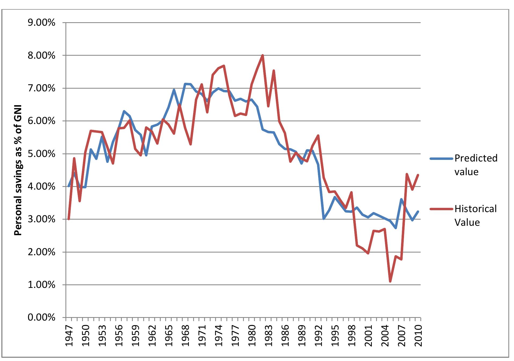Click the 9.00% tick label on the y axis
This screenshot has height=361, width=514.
41,23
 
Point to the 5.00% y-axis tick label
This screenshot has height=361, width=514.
41,154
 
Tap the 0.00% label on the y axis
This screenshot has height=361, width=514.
41,318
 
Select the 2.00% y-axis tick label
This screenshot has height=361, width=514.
41,252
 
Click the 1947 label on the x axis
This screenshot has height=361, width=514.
69,336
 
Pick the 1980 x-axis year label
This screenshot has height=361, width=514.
252,336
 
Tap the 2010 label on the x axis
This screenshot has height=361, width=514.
418,336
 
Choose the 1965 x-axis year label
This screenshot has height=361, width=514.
169,336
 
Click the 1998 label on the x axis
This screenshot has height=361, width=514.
351,336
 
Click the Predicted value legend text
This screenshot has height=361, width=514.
476,165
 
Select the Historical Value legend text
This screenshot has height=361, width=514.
476,216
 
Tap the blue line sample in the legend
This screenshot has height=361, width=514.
441,159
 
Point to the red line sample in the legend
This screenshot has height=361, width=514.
441,209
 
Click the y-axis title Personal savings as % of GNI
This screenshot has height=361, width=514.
18,170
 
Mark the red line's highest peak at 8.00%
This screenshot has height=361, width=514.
263,55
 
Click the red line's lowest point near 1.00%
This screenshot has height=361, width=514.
390,281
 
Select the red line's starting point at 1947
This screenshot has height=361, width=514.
69,219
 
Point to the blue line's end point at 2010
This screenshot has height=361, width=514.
418,212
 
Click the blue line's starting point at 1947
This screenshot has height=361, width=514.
69,186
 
